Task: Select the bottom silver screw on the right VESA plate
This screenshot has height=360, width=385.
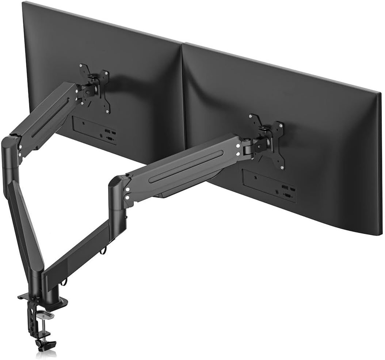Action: pyautogui.click(x=282, y=168)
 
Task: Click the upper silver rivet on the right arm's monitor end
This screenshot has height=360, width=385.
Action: pyautogui.click(x=238, y=146)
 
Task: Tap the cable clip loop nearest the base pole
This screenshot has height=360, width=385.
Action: pyautogui.click(x=65, y=282)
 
